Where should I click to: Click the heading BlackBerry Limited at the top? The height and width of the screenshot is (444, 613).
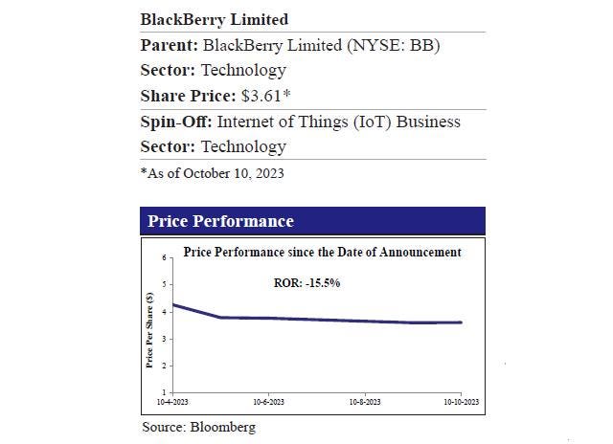click(x=214, y=19)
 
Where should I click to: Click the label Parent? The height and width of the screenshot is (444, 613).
click(x=170, y=44)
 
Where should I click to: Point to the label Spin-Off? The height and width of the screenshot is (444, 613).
click(x=176, y=122)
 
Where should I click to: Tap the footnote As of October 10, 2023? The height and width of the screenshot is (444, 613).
click(x=214, y=173)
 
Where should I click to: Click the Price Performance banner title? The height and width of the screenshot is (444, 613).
click(x=220, y=221)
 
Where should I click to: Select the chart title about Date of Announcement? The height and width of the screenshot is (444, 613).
click(x=322, y=253)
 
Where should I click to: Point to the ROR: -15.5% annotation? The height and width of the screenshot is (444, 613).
click(x=307, y=283)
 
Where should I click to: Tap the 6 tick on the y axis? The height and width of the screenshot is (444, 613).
click(x=165, y=257)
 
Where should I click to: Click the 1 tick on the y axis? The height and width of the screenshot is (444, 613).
click(x=165, y=392)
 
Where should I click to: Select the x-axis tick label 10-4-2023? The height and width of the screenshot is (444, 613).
click(x=173, y=401)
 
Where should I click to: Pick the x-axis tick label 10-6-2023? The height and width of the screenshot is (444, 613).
click(x=268, y=401)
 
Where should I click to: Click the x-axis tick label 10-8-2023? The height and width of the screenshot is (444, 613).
click(x=364, y=401)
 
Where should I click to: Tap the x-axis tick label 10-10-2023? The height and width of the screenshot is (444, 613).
click(x=461, y=401)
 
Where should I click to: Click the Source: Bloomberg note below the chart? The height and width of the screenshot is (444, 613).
click(x=198, y=427)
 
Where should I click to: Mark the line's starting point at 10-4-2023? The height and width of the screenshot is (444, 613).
click(x=173, y=304)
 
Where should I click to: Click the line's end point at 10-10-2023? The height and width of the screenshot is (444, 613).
click(x=461, y=322)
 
